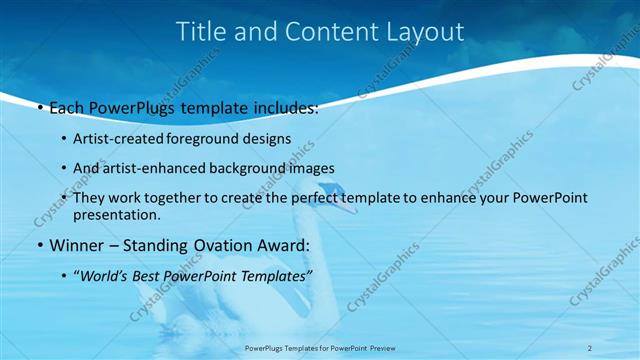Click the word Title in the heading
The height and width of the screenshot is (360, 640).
(201, 32)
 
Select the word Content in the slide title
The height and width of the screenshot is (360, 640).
(326, 32)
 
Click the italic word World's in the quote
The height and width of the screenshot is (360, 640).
(108, 275)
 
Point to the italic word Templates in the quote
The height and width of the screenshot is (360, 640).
(274, 275)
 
